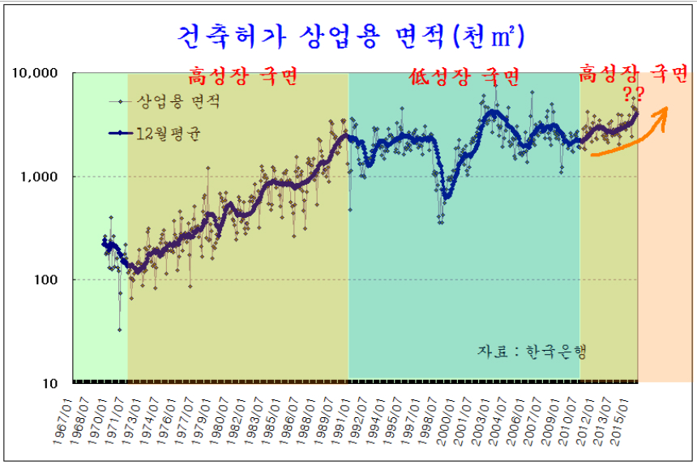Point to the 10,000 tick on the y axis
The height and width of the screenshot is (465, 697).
pos(36,73)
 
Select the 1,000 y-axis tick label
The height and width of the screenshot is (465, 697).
pos(40,177)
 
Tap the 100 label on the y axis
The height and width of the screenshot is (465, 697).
pos(46,280)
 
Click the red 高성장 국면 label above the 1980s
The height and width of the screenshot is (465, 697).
pos(243,77)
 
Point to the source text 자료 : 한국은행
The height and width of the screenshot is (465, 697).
pos(532,351)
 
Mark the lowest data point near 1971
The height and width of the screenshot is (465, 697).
pos(119,330)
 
